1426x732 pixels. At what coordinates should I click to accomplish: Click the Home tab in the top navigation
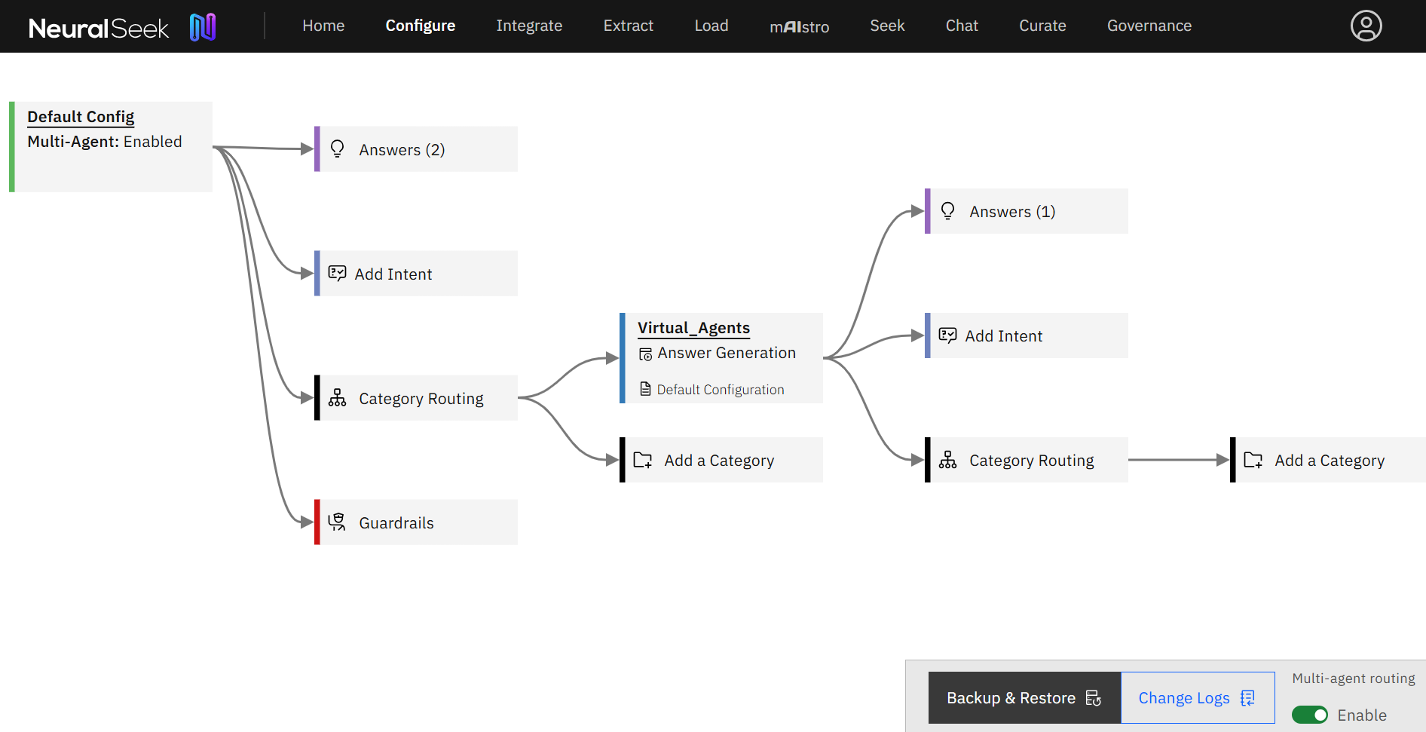click(x=323, y=26)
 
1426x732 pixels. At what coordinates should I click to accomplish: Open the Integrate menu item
click(x=529, y=26)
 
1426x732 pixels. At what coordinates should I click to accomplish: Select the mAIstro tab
click(x=799, y=26)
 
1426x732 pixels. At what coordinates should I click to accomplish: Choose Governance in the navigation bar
click(x=1149, y=26)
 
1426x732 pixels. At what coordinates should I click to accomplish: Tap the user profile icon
click(x=1366, y=26)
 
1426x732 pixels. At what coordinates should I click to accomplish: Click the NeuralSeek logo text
click(x=99, y=28)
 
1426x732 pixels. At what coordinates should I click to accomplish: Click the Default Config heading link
click(x=81, y=117)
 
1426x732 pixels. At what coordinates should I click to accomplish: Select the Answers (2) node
click(x=416, y=149)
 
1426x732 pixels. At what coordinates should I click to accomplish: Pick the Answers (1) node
click(x=1027, y=211)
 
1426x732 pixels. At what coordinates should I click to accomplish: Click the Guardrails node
click(x=416, y=522)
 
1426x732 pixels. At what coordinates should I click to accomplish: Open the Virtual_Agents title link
click(x=693, y=328)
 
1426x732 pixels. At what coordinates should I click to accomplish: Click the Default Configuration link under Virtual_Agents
click(x=720, y=390)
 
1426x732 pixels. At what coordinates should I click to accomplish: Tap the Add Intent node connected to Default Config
click(x=416, y=274)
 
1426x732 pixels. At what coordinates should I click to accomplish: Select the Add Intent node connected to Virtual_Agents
click(x=1027, y=335)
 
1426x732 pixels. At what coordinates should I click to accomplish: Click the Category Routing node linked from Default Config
click(x=416, y=398)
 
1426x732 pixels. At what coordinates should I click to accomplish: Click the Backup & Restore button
click(x=1024, y=698)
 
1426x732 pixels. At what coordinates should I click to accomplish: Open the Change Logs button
click(x=1198, y=698)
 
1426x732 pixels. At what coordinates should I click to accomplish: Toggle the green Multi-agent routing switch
click(x=1310, y=715)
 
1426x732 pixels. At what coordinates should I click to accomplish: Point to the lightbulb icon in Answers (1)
click(x=947, y=211)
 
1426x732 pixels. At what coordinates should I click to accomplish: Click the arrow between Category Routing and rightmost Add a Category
click(x=1179, y=460)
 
